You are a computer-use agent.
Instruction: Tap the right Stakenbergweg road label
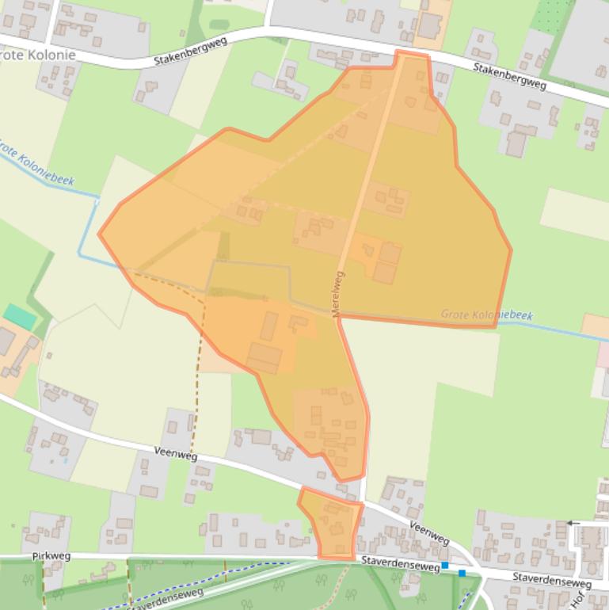(510, 75)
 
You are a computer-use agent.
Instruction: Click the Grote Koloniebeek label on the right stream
(486, 315)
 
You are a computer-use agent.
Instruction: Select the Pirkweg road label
(51, 556)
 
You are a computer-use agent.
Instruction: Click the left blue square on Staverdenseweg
(445, 565)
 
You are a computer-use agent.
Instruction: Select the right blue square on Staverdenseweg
(462, 572)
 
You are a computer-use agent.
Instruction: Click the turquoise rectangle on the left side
(20, 317)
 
